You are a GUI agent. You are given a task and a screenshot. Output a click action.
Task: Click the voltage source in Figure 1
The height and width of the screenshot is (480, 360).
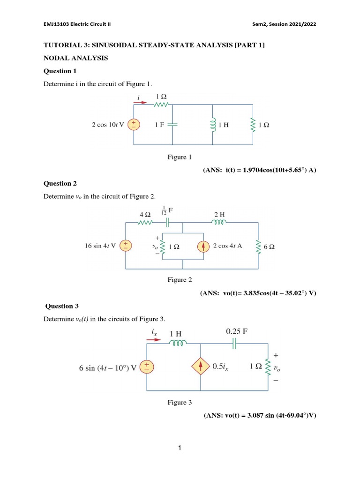(134, 124)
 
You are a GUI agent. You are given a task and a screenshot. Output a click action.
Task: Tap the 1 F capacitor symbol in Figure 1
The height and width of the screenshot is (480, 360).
(172, 125)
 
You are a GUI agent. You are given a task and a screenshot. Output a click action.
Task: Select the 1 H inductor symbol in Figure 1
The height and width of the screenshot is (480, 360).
(213, 125)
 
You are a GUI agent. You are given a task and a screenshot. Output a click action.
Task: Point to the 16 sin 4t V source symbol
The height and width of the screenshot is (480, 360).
(126, 245)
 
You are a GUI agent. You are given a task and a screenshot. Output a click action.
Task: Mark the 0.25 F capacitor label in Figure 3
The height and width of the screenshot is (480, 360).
(237, 331)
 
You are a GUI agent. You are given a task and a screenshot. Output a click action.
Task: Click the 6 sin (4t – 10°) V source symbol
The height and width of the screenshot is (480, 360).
(147, 367)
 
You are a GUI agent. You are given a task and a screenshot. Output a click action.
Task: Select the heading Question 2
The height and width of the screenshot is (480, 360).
(60, 183)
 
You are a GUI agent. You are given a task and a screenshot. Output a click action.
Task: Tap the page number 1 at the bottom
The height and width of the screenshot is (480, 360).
(180, 449)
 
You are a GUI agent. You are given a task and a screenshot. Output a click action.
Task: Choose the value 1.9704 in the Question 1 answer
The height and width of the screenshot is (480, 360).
(255, 170)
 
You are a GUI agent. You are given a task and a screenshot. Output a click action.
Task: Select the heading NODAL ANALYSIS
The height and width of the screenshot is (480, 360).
(75, 58)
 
